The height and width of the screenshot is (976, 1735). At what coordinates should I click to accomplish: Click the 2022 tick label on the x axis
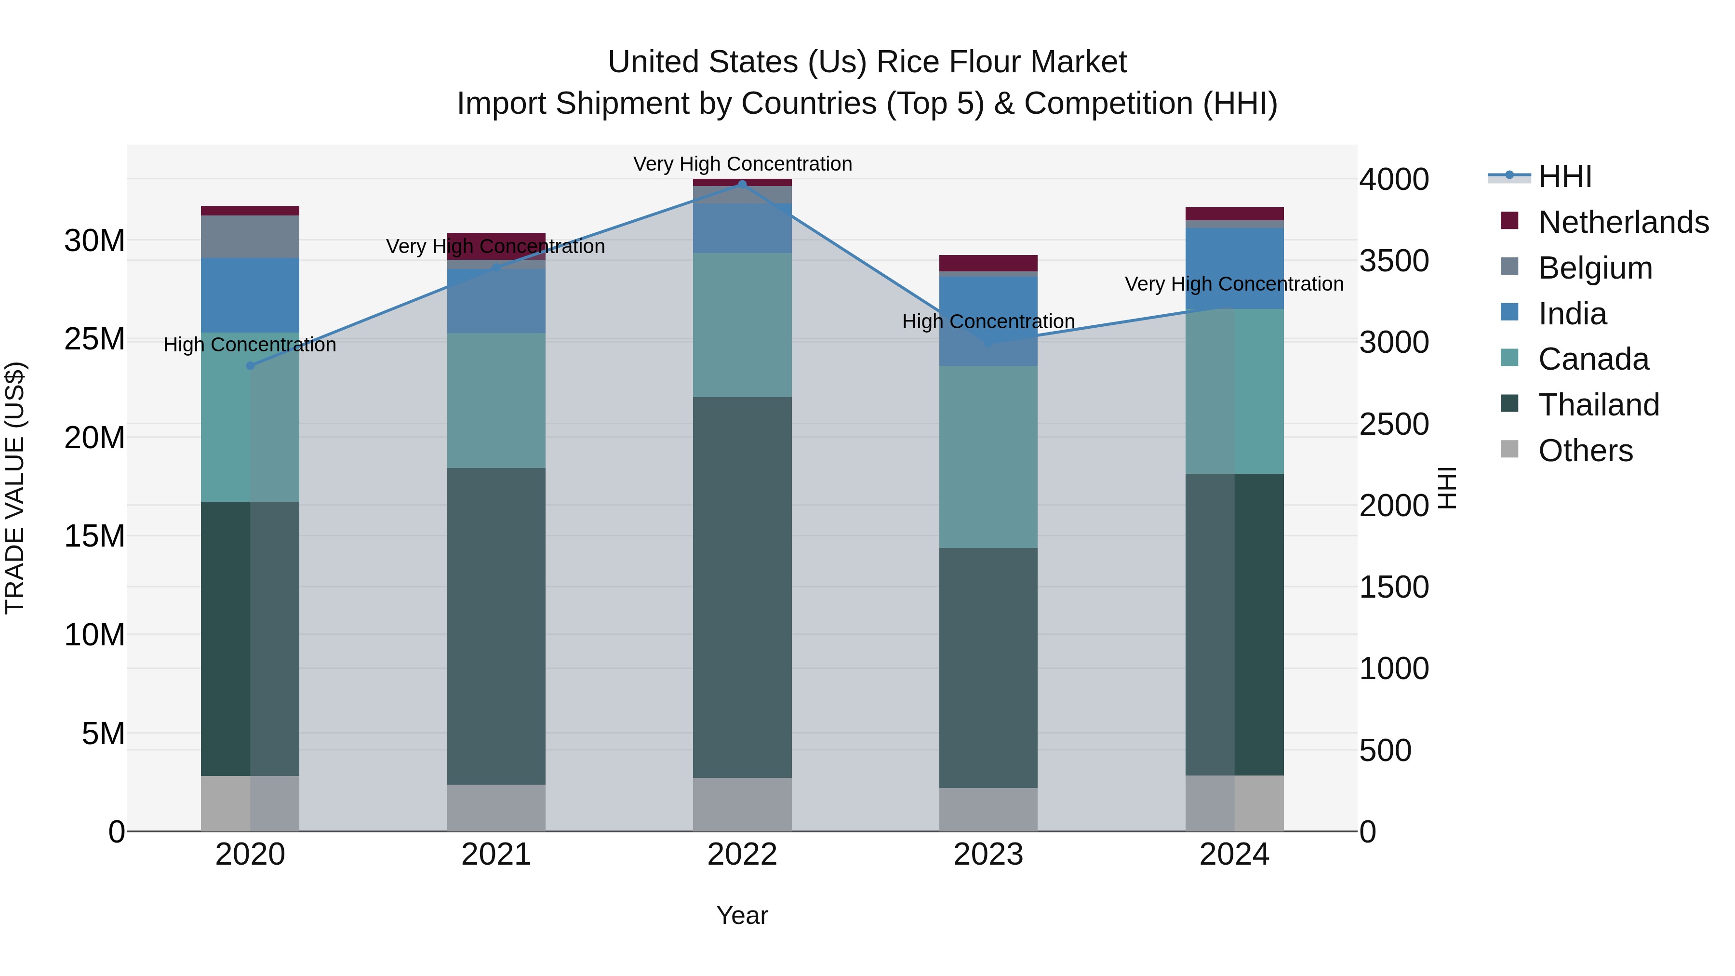pyautogui.click(x=742, y=855)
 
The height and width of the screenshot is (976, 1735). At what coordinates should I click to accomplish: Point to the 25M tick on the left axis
pyautogui.click(x=94, y=339)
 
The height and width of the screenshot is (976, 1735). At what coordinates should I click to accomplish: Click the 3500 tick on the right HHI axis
pyautogui.click(x=1393, y=261)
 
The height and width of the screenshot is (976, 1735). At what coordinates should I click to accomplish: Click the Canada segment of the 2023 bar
pyautogui.click(x=988, y=457)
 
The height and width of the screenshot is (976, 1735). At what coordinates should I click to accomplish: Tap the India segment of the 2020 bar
pyautogui.click(x=250, y=295)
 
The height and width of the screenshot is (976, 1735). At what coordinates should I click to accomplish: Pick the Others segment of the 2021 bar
pyautogui.click(x=496, y=808)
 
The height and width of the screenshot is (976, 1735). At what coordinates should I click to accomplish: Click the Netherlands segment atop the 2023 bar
pyautogui.click(x=988, y=263)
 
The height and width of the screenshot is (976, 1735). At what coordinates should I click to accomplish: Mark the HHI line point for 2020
pyautogui.click(x=250, y=366)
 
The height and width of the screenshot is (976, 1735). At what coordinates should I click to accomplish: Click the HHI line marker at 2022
pyautogui.click(x=742, y=184)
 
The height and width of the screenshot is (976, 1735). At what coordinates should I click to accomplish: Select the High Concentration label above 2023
pyautogui.click(x=988, y=321)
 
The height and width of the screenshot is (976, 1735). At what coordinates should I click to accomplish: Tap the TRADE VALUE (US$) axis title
pyautogui.click(x=15, y=488)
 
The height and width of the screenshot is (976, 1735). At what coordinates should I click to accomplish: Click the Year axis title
pyautogui.click(x=742, y=915)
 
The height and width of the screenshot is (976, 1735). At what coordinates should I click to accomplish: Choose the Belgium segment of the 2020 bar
pyautogui.click(x=250, y=237)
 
